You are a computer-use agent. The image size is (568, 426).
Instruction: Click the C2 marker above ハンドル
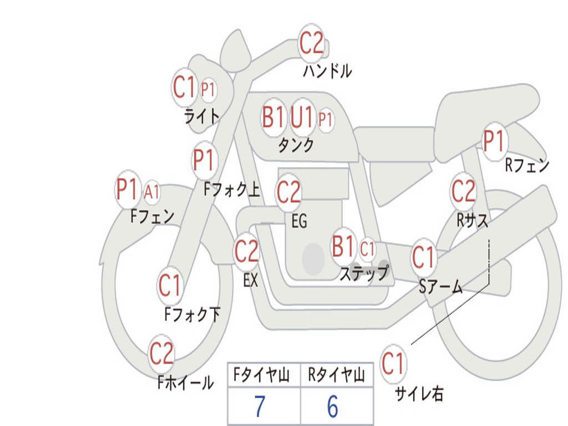point(311,43)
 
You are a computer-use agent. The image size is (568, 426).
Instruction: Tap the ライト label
point(202,116)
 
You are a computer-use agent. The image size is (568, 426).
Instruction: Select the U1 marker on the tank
point(302,117)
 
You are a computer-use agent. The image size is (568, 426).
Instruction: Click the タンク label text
point(296,145)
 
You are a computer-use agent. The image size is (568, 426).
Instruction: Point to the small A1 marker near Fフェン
point(152,192)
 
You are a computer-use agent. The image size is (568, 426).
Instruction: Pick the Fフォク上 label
point(231,190)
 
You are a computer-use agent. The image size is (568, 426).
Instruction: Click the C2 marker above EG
point(288,192)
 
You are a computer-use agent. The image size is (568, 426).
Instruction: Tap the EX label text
point(251,281)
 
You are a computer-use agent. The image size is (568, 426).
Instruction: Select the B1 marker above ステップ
point(343,247)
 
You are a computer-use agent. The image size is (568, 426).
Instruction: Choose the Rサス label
point(473,220)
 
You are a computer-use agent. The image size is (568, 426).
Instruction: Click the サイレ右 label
point(419,393)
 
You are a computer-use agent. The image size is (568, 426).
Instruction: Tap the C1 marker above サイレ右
point(393,364)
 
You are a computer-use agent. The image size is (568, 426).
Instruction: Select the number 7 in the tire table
point(260,407)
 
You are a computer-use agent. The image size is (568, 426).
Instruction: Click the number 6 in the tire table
point(332,407)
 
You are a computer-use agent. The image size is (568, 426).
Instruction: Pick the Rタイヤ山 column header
point(336,377)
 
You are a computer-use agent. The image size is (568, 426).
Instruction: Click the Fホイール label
point(185,382)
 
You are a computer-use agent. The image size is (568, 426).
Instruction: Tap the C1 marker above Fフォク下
point(170,286)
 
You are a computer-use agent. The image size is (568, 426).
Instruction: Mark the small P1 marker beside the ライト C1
point(209,90)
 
